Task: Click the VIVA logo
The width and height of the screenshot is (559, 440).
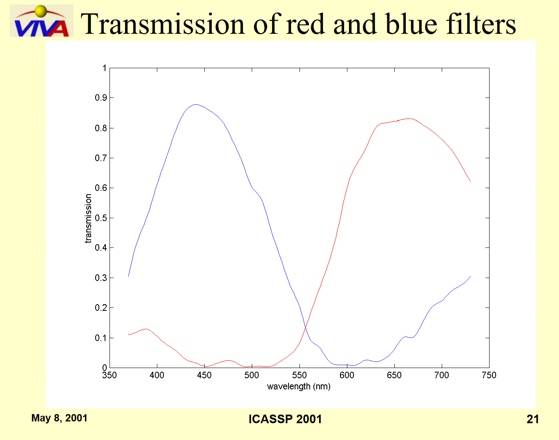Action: point(42,20)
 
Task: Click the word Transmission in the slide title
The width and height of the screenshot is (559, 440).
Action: point(163,24)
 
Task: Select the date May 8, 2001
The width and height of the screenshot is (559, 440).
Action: point(59,418)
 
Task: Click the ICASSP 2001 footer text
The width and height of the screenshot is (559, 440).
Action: point(285,419)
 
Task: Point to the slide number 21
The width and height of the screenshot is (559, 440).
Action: point(532,419)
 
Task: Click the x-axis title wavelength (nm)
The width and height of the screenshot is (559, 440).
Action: point(299,387)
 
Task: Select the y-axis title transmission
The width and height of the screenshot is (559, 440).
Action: point(88,218)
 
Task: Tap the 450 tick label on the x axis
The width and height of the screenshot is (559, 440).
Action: point(204,375)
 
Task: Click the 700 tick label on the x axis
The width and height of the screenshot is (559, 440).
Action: point(442,375)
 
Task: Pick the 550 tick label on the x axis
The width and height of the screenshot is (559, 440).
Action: point(300,375)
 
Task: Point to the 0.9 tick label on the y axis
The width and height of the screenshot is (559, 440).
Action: point(101,98)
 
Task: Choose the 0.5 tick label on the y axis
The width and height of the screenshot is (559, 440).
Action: point(101,218)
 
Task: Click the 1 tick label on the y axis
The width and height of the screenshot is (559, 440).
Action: point(105,68)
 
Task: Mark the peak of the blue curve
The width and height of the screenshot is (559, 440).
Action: point(196,105)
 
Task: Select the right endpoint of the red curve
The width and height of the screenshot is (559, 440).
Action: point(470,181)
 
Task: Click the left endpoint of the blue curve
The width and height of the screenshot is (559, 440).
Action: point(129,276)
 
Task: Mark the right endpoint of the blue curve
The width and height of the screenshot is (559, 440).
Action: point(470,276)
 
